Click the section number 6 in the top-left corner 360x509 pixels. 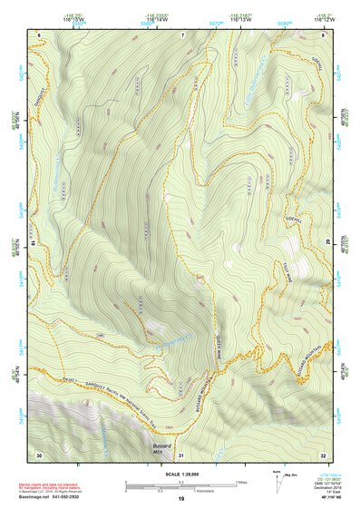pyautogui.click(x=40, y=34)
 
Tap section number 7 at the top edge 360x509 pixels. pyautogui.click(x=182, y=34)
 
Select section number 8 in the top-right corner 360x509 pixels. pyautogui.click(x=323, y=34)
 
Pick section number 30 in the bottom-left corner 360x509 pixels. pyautogui.click(x=39, y=454)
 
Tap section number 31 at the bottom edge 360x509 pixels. pyautogui.click(x=180, y=454)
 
